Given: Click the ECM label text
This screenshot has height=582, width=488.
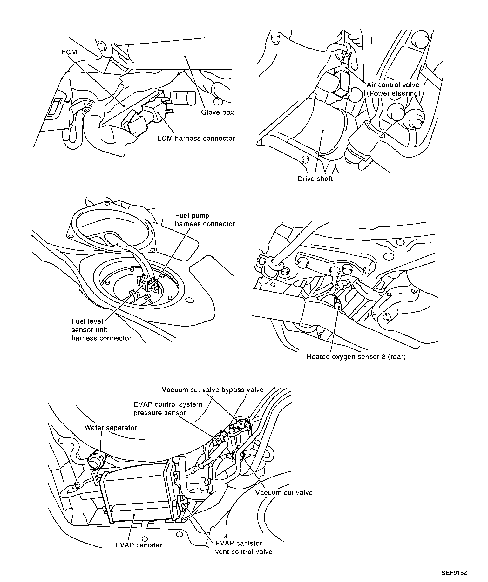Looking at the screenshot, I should click(69, 52).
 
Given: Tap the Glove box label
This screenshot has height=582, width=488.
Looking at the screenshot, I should click(217, 112).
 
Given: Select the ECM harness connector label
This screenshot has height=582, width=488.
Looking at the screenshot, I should click(196, 139).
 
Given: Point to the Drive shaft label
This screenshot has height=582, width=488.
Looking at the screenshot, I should click(315, 179).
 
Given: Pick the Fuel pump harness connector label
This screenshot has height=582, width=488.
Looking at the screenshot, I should click(205, 220).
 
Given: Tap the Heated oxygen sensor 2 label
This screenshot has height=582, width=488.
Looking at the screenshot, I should click(356, 357).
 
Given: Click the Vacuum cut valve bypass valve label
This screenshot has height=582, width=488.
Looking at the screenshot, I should click(213, 390).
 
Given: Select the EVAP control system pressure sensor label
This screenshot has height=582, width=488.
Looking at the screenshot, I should click(167, 409).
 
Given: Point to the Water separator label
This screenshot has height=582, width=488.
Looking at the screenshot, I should click(111, 428).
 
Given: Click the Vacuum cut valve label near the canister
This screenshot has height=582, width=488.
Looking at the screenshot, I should click(284, 493).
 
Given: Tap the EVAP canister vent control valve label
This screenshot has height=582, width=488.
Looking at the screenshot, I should click(244, 547).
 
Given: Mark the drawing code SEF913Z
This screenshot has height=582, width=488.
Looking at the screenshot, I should click(454, 573).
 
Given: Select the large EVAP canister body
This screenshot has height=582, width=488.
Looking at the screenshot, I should click(137, 496).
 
